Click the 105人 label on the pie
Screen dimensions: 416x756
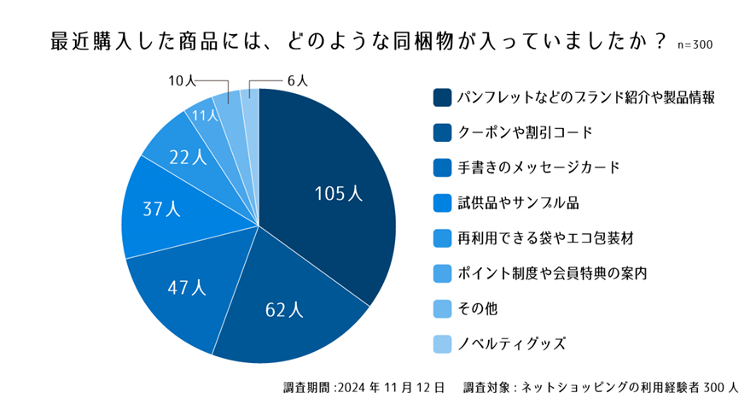pos(339,194)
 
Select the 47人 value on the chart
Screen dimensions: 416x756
pos(188,288)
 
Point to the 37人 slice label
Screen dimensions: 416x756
pos(162,208)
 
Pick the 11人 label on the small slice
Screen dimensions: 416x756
pos(206,114)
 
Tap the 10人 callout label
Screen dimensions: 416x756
pos(182,81)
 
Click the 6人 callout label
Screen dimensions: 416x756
pos(298,81)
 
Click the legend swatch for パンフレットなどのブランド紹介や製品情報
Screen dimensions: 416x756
pos(442,97)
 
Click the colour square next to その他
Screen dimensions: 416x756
pos(442,309)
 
